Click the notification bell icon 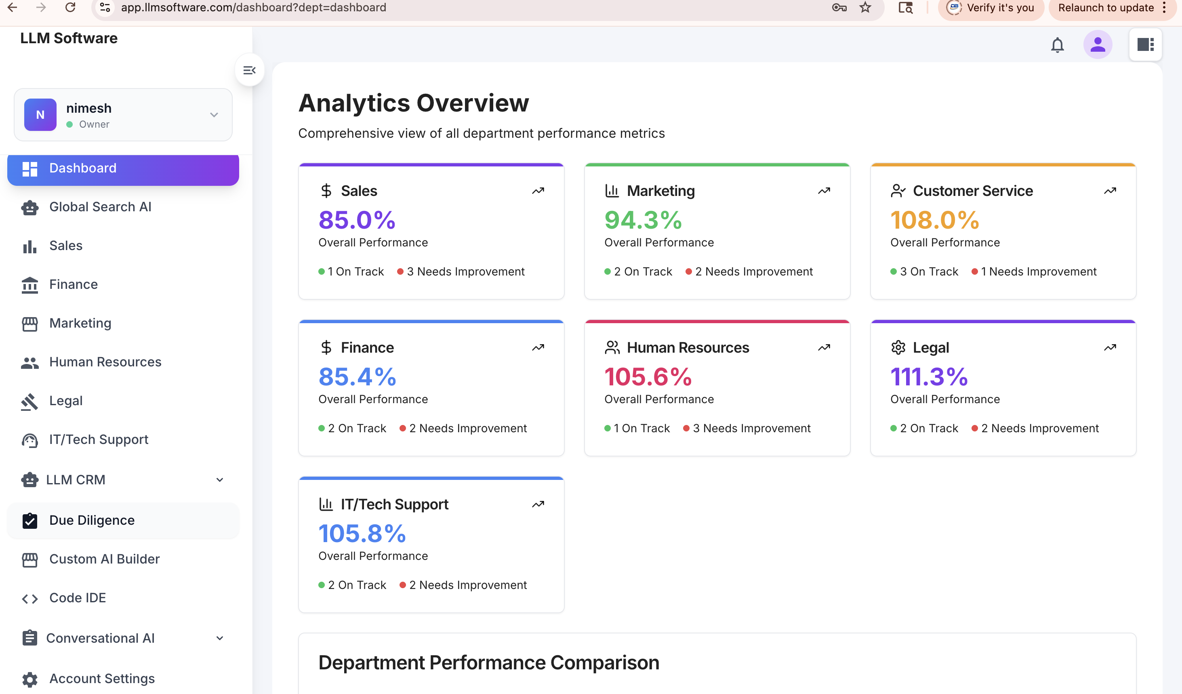pyautogui.click(x=1057, y=45)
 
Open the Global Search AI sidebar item pyautogui.click(x=100, y=207)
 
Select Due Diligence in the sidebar pyautogui.click(x=92, y=520)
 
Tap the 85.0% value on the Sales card pyautogui.click(x=357, y=220)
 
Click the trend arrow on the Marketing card pyautogui.click(x=824, y=191)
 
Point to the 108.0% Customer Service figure pyautogui.click(x=935, y=220)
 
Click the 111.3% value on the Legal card pyautogui.click(x=929, y=376)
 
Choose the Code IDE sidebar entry pyautogui.click(x=78, y=598)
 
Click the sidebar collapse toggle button pyautogui.click(x=250, y=70)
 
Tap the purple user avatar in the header pyautogui.click(x=1098, y=45)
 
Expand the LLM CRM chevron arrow pyautogui.click(x=219, y=480)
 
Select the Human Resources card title pyautogui.click(x=688, y=347)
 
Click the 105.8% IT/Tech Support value pyautogui.click(x=362, y=533)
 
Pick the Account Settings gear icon pyautogui.click(x=30, y=679)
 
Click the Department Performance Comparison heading pyautogui.click(x=489, y=662)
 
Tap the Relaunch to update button pyautogui.click(x=1106, y=8)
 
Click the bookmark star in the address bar pyautogui.click(x=865, y=8)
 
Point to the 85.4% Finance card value pyautogui.click(x=358, y=376)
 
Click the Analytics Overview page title pyautogui.click(x=414, y=103)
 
